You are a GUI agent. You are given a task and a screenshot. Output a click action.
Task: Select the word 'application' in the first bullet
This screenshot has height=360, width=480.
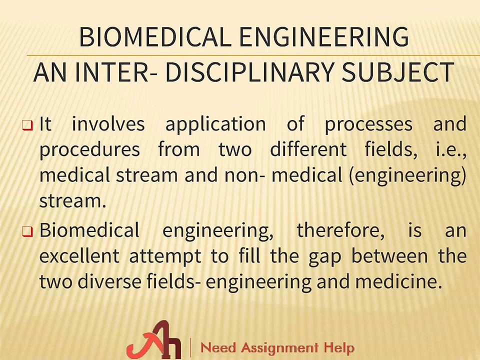click(215, 124)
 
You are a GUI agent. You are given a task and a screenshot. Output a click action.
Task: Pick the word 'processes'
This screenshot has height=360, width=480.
click(368, 124)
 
